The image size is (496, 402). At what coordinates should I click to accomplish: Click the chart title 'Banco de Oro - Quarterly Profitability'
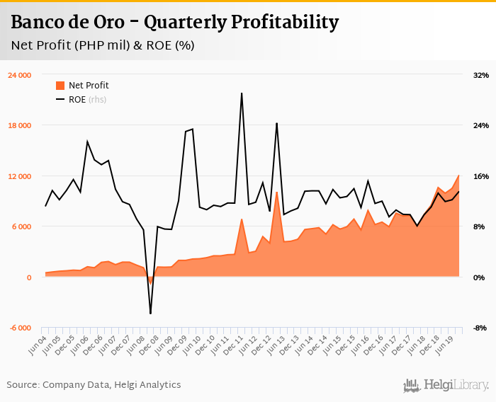174,23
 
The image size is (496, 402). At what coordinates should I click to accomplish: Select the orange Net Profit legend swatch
60,86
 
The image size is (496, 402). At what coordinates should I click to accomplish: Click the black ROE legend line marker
60,100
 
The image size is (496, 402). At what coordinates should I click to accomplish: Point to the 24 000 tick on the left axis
19,75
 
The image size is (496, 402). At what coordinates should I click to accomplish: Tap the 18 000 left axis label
19,126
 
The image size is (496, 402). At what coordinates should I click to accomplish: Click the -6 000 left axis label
19,328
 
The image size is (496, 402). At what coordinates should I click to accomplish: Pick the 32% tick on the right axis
480,75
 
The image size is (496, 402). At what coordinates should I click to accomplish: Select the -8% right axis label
480,328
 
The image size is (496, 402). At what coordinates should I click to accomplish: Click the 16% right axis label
480,176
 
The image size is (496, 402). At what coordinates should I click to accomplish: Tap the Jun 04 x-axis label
38,345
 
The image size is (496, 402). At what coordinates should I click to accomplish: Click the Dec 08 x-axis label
150,345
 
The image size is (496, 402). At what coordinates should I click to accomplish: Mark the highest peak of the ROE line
242,93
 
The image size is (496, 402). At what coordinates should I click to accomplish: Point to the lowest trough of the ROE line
150,313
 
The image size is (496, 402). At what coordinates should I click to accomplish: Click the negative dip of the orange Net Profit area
150,282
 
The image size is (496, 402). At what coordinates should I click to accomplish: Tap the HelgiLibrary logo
446,386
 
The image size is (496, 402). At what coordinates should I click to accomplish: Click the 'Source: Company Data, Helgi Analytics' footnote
94,385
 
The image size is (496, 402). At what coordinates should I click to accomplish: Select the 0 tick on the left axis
29,277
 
